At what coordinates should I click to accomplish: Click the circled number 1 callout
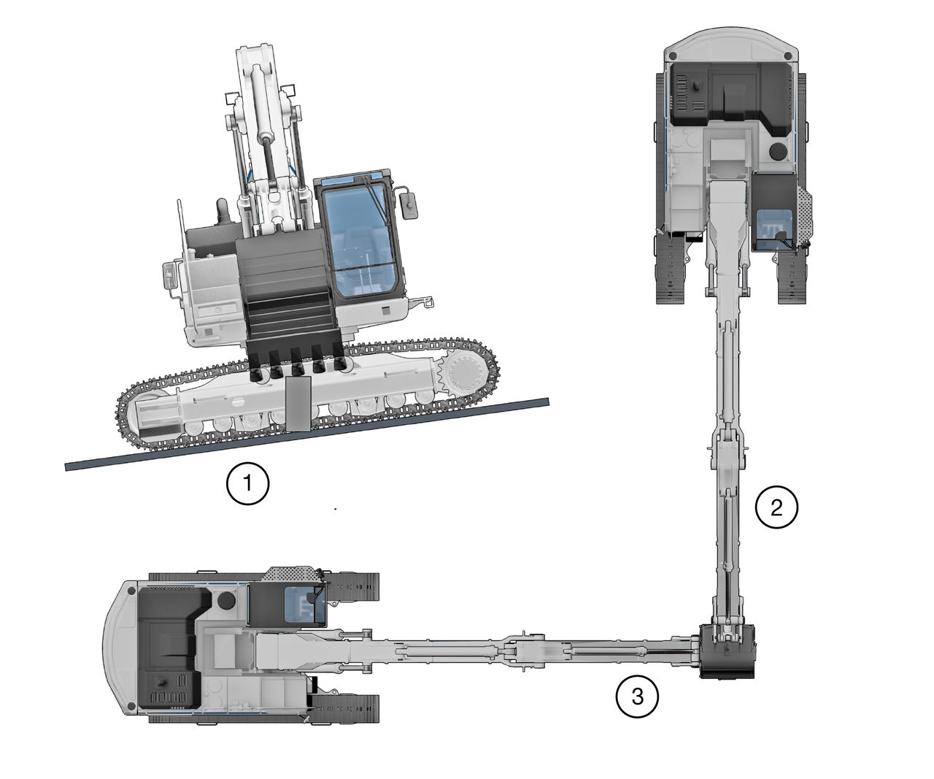[248, 483]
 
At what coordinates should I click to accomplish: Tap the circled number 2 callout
[776, 507]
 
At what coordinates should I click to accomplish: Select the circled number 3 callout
[637, 697]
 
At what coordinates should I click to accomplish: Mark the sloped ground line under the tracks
[306, 434]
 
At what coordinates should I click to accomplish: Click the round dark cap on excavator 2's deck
[778, 152]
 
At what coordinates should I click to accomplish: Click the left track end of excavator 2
[672, 270]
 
